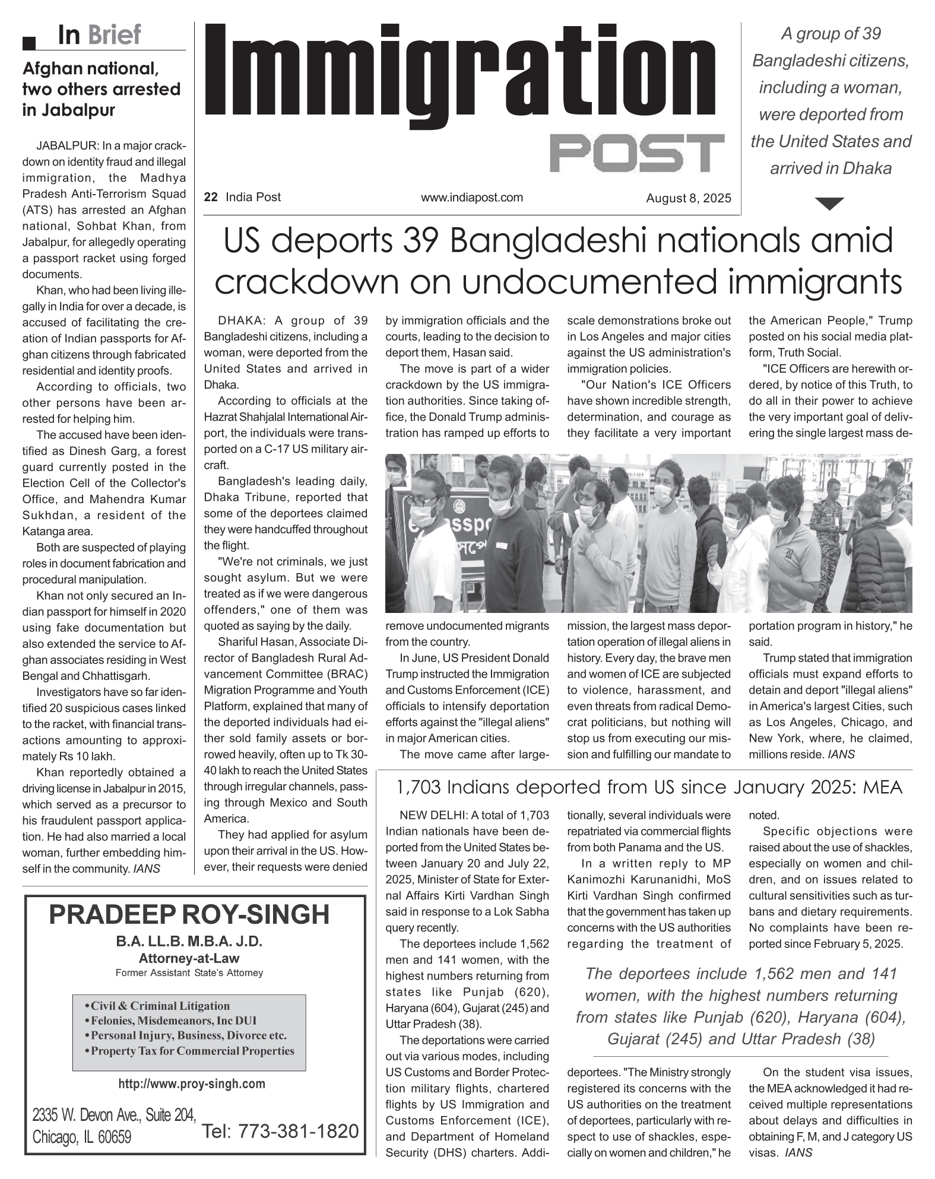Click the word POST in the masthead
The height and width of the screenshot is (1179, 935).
[636, 153]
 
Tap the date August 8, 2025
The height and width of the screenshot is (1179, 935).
[689, 198]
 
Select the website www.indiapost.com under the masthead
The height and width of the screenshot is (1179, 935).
[472, 197]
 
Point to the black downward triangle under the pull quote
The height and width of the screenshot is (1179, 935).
[830, 204]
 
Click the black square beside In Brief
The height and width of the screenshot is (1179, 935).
[29, 42]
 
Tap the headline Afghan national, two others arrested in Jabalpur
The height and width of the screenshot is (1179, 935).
[101, 90]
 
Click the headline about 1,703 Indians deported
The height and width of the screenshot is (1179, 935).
[648, 787]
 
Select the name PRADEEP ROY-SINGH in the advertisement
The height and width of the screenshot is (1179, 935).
[189, 914]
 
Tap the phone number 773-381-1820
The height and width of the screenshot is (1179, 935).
[280, 1131]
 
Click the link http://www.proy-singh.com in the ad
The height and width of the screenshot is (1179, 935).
[192, 1083]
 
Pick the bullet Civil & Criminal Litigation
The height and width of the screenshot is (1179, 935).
[160, 1006]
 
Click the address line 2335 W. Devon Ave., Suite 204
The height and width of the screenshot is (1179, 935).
[114, 1116]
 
